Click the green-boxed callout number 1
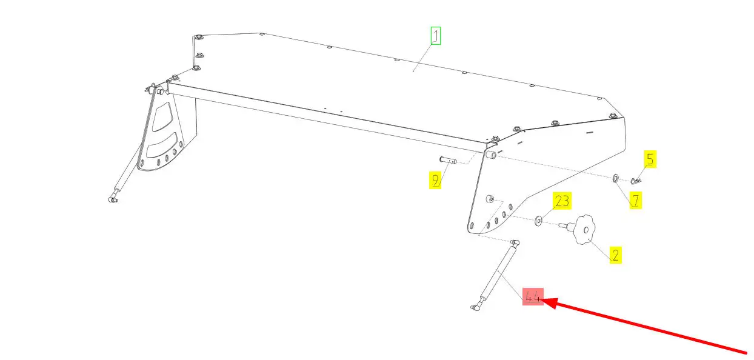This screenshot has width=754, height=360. (x=435, y=36)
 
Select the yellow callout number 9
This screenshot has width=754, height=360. (x=435, y=180)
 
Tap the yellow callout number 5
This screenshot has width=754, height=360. (x=650, y=160)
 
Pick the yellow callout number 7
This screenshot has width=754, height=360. (x=635, y=200)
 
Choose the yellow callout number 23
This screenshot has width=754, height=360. (x=562, y=201)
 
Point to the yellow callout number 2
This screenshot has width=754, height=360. (x=615, y=255)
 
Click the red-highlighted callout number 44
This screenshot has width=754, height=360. (x=533, y=296)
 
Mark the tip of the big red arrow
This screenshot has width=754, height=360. (x=543, y=299)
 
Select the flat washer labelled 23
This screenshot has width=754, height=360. (x=539, y=220)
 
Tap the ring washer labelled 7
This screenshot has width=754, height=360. (x=615, y=178)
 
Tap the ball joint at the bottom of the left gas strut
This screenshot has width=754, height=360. (x=113, y=198)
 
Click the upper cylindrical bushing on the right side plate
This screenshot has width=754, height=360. (x=492, y=156)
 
